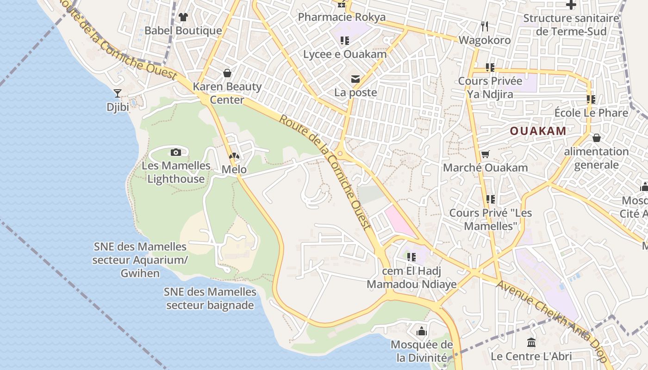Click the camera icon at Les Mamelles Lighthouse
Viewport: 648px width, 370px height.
coord(176,152)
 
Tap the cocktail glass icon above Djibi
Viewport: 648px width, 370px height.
coord(118,93)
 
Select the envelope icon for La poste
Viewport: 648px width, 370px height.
coord(355,79)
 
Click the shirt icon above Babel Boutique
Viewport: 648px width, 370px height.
coord(183,17)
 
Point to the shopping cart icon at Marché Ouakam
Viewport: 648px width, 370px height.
coord(485,154)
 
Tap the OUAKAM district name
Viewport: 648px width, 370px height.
coord(538,131)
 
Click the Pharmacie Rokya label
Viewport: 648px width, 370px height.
coord(342,18)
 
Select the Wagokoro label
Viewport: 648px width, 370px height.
coord(485,40)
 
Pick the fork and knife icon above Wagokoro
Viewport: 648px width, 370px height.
coord(485,26)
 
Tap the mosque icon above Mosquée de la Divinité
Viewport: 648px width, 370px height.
coord(422,331)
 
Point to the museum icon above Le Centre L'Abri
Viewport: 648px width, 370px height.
coord(531,343)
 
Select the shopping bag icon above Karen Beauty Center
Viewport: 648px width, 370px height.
coord(227,73)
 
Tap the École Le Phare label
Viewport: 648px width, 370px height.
coord(591,113)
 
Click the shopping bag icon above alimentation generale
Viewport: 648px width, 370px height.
coord(597,138)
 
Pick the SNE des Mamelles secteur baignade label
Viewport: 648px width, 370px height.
coord(210,299)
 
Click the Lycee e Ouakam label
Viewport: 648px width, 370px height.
coord(345,55)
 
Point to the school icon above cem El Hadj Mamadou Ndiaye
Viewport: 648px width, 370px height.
coord(411,257)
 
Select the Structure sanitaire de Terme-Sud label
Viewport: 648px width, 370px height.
coord(571,25)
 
